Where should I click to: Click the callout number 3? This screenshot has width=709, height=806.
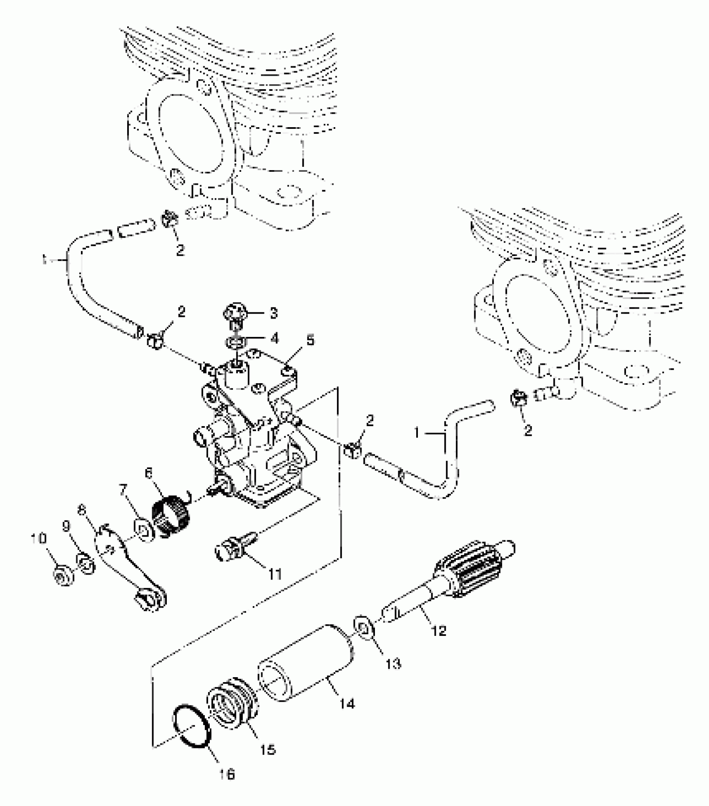pos(273,314)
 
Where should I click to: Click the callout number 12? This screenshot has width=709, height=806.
pos(437,631)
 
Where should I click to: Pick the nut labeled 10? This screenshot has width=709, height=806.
pos(63,577)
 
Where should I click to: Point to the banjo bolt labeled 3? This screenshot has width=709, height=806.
pos(236,314)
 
